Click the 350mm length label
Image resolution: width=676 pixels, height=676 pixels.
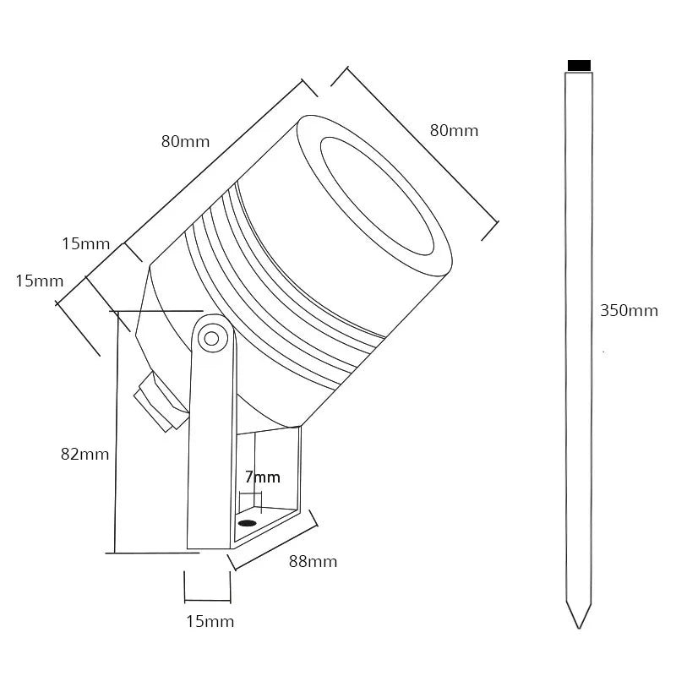(x=629, y=310)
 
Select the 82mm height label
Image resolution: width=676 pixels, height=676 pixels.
(x=84, y=454)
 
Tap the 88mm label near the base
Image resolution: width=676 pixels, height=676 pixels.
(x=312, y=562)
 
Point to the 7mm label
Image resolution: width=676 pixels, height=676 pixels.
(x=262, y=477)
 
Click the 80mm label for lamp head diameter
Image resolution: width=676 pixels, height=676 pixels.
(x=454, y=130)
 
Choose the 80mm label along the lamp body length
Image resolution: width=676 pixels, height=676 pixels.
(x=185, y=141)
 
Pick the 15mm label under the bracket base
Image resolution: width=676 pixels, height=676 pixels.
(x=209, y=622)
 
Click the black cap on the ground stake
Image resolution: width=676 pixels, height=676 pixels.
(x=579, y=65)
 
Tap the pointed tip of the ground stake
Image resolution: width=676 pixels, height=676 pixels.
(x=579, y=624)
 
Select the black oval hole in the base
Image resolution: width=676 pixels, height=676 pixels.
(x=247, y=523)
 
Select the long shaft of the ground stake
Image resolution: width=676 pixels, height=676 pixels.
(x=579, y=338)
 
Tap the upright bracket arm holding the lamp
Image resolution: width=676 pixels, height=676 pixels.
(x=210, y=439)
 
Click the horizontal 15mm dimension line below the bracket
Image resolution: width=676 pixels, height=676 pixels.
(x=207, y=601)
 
